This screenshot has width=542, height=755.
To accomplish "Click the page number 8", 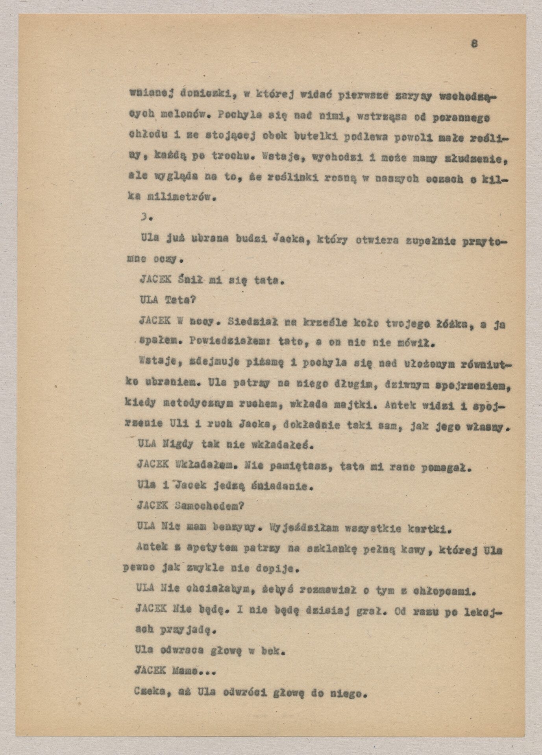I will click(474, 44).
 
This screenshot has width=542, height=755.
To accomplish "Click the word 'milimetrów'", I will click(172, 198).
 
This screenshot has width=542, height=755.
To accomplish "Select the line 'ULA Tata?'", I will click(167, 300).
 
